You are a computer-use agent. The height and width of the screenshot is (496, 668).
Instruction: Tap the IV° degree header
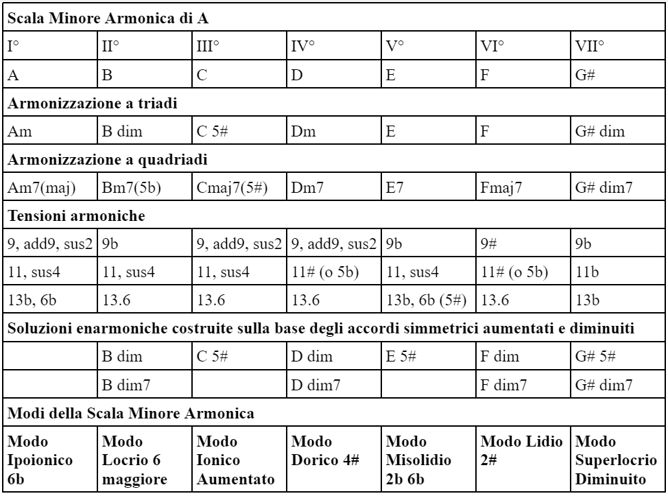coord(303,47)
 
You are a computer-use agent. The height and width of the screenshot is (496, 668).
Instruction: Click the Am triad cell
coord(19,132)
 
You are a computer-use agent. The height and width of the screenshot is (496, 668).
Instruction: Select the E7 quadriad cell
coord(396,187)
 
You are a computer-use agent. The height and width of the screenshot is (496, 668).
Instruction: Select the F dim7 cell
coord(504,385)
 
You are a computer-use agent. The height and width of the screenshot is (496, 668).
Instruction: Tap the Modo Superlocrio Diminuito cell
coord(617,459)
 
